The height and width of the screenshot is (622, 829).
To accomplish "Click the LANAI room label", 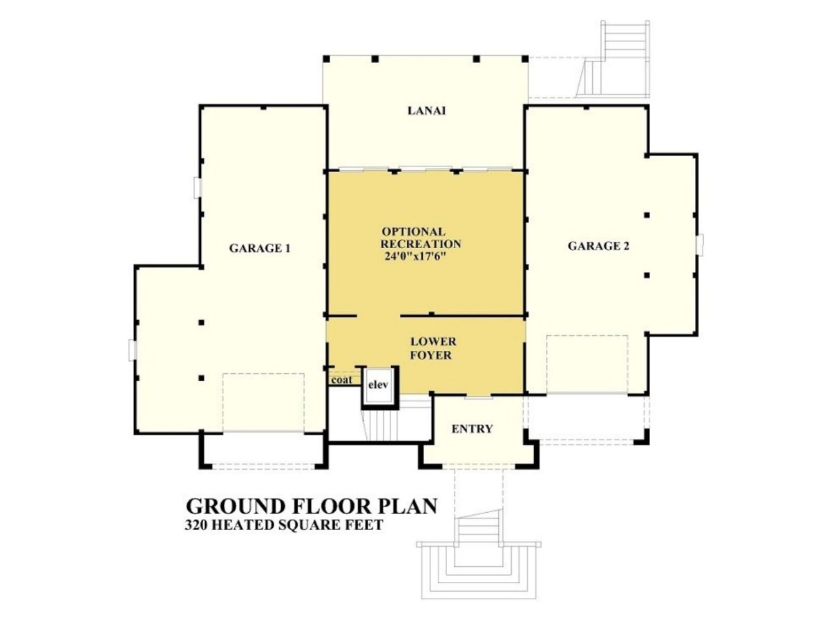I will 426,111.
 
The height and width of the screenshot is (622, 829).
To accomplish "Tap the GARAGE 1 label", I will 259,247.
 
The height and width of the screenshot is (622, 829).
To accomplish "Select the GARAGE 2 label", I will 598,246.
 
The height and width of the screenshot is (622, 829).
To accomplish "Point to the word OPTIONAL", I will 413,232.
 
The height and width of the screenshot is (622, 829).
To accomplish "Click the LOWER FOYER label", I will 432,348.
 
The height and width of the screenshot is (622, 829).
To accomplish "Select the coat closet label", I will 341,380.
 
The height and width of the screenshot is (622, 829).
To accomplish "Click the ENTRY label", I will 472,429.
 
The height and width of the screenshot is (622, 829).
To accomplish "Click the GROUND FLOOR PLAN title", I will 312,507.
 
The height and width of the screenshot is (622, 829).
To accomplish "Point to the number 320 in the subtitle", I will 197,525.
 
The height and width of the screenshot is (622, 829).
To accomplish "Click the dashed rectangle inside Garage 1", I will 263,403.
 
